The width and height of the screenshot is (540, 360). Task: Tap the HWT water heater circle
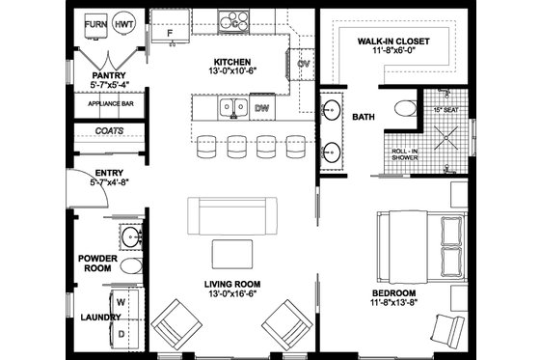pyautogui.click(x=123, y=22)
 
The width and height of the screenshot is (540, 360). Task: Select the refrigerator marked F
pyautogui.click(x=171, y=34)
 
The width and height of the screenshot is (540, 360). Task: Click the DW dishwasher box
pyautogui.click(x=261, y=109)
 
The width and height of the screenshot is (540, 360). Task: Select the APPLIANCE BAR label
pyautogui.click(x=109, y=103)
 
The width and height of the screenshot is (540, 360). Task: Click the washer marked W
pyautogui.click(x=121, y=301)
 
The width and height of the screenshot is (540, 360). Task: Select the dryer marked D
pyautogui.click(x=121, y=332)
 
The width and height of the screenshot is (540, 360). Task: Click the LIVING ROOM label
pyautogui.click(x=233, y=284)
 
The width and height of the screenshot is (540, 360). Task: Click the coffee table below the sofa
pyautogui.click(x=234, y=253)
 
